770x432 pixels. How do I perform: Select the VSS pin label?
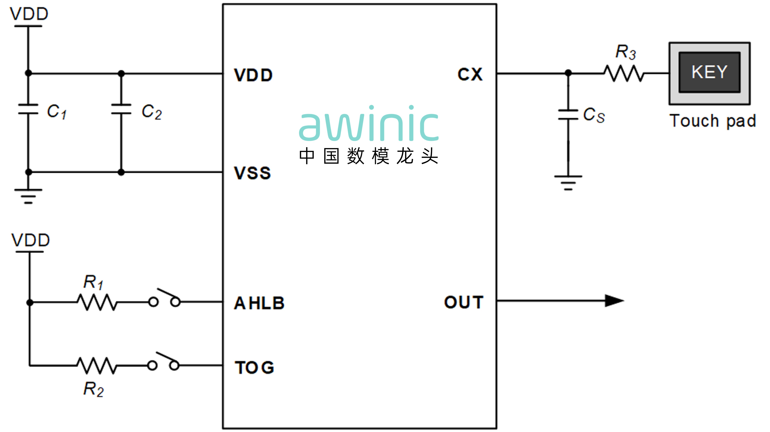tap(253, 173)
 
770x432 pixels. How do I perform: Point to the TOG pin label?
tap(254, 367)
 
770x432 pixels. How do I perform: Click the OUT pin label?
tap(464, 302)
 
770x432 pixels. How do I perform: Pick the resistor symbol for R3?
tap(624, 73)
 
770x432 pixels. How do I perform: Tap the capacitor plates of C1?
tap(28, 109)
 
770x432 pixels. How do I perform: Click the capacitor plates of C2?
tap(121, 109)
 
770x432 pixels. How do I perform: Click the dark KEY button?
tap(709, 72)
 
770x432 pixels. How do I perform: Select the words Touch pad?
tap(713, 121)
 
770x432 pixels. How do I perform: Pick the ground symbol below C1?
tap(28, 196)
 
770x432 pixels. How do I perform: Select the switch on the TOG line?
tap(164, 362)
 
